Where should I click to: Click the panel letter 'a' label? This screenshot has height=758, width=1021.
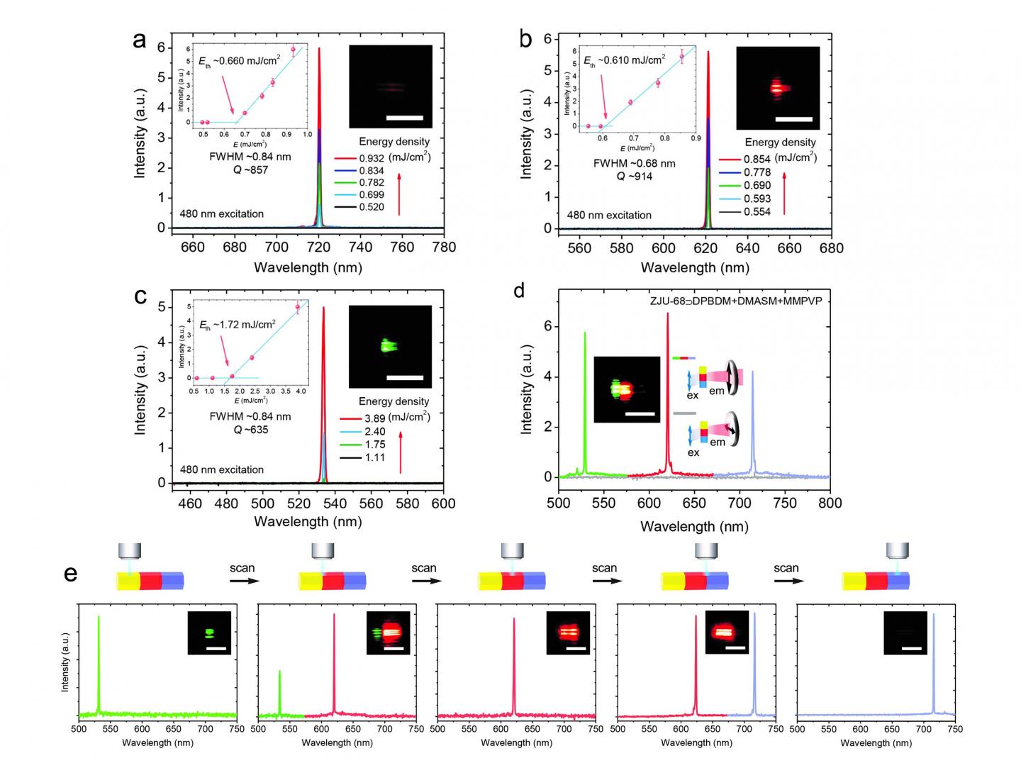click(140, 41)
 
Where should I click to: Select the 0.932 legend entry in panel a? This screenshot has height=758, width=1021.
click(371, 158)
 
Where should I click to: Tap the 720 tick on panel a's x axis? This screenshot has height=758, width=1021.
click(319, 247)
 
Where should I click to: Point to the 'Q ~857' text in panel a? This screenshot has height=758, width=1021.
click(250, 170)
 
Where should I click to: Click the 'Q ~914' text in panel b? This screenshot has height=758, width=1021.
click(634, 177)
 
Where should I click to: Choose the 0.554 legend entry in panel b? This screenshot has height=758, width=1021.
click(757, 212)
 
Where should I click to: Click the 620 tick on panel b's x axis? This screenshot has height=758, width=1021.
click(705, 248)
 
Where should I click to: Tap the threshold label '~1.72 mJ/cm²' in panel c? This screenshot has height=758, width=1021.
click(238, 325)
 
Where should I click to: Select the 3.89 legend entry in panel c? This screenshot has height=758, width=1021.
click(374, 418)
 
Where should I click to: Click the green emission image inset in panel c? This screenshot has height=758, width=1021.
click(390, 346)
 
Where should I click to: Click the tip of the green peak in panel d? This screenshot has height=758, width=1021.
click(585, 333)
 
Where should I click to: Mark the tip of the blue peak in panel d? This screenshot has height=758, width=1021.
click(752, 372)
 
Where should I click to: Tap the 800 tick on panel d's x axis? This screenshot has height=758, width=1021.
click(830, 503)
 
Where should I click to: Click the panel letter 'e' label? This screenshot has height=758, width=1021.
click(70, 573)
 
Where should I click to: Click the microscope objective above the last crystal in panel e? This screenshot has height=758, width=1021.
click(898, 551)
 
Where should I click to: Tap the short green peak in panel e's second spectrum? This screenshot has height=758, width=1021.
click(280, 671)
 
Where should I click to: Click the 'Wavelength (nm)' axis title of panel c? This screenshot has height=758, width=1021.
click(308, 522)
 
